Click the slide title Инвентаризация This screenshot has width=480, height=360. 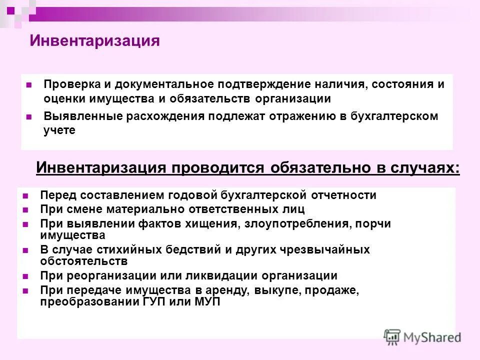(94, 40)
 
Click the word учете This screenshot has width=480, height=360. (59, 130)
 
